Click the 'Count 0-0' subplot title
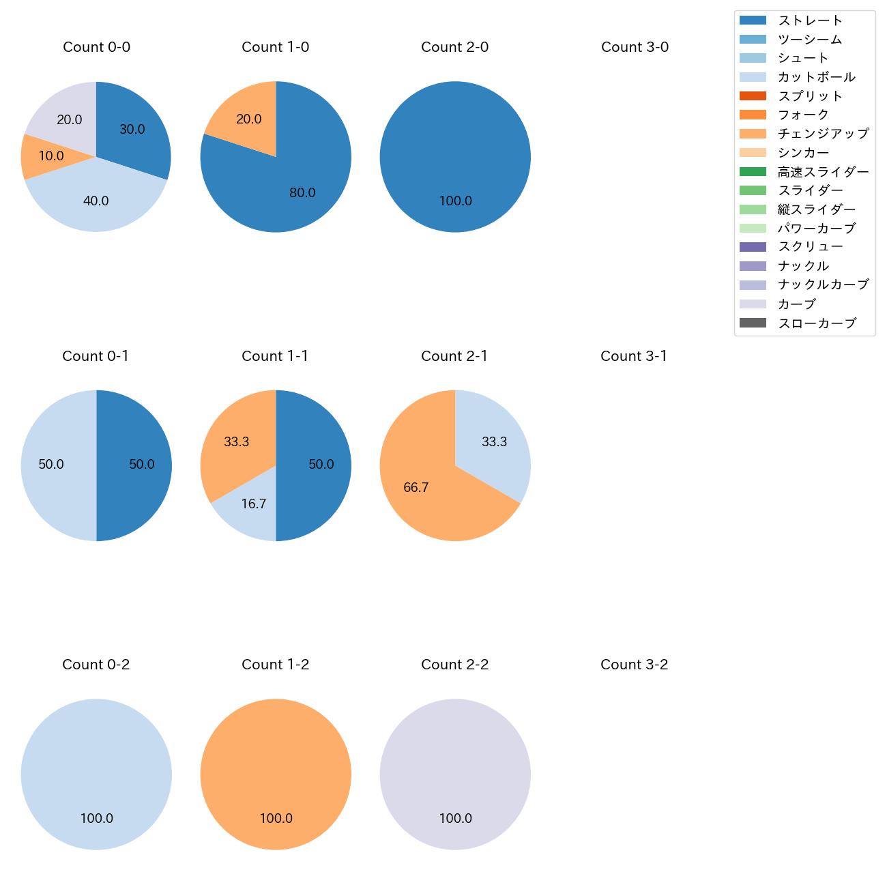tap(96, 47)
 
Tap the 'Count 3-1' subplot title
tap(634, 356)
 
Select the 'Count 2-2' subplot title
tap(454, 665)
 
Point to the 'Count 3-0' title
tap(635, 47)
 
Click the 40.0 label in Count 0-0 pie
tap(96, 201)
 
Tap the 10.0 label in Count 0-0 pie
tap(51, 156)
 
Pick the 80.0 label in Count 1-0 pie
tap(302, 193)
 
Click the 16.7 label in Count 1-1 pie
tap(254, 504)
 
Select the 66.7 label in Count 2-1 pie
tap(416, 488)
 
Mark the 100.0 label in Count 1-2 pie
tap(276, 819)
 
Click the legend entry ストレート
tap(810, 20)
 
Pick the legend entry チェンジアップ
tap(823, 134)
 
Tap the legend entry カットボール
tap(816, 77)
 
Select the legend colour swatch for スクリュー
tap(753, 247)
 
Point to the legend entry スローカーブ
tap(817, 323)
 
